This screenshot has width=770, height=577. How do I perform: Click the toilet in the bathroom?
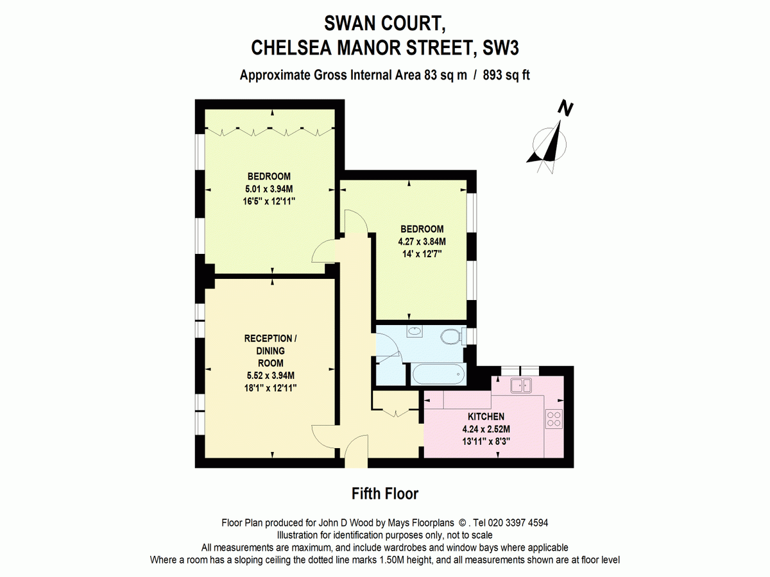[x=453, y=337]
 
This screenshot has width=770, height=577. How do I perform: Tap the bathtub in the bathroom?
[x=439, y=374]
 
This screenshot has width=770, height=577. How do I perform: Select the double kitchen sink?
[x=521, y=385]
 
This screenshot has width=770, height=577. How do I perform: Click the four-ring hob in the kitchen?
[x=554, y=419]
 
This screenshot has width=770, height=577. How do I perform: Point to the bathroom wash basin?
[x=415, y=331]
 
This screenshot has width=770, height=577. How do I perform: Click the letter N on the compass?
[x=565, y=108]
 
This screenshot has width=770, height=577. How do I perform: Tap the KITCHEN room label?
[x=486, y=417]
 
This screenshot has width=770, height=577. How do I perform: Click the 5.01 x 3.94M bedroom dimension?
[x=269, y=189]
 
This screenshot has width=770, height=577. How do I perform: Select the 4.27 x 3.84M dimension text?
[x=422, y=242]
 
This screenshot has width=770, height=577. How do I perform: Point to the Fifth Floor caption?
[x=385, y=494]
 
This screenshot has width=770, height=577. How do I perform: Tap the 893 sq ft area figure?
[x=506, y=75]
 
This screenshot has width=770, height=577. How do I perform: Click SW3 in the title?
[x=501, y=47]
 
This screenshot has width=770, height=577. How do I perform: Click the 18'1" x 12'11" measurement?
[x=271, y=388]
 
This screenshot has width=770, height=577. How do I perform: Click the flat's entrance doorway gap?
[x=356, y=462]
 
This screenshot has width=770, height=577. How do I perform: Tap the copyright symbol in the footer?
[x=461, y=523]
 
